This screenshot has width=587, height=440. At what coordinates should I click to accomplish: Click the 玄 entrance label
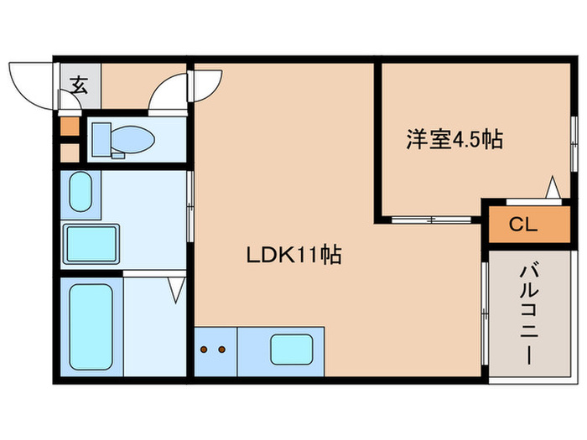tap(79, 85)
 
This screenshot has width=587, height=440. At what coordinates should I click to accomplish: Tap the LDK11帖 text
tap(293, 256)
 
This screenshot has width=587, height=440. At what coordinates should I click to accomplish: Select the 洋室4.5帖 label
tap(455, 140)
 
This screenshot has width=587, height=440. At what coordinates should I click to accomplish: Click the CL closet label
tap(522, 224)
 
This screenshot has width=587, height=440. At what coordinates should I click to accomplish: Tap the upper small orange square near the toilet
tap(70, 128)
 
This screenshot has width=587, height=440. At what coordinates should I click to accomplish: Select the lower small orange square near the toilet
tap(70, 153)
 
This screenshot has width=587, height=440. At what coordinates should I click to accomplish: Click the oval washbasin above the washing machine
tap(81, 193)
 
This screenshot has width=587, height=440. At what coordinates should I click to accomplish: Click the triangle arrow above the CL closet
tap(553, 187)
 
